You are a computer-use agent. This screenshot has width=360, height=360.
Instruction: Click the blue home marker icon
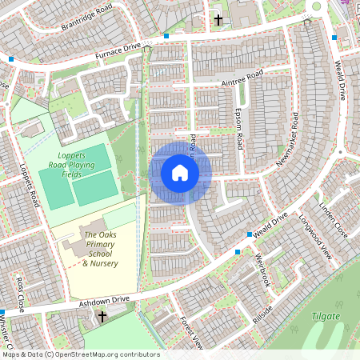180,173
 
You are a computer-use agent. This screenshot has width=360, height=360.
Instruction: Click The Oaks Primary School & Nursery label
101,249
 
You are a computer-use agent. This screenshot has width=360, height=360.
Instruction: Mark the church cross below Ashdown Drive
102,318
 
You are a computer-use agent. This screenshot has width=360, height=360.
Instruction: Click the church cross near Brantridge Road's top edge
218,19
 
